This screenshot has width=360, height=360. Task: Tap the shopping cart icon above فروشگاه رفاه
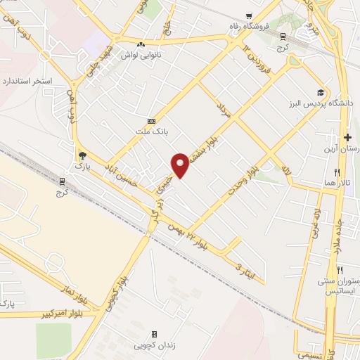249,16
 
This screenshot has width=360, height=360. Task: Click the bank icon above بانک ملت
150,122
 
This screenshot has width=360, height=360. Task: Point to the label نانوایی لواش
141,54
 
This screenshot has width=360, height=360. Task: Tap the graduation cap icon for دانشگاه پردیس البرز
321,93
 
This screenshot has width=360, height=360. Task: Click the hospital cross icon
347,137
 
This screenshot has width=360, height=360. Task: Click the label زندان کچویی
155,345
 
